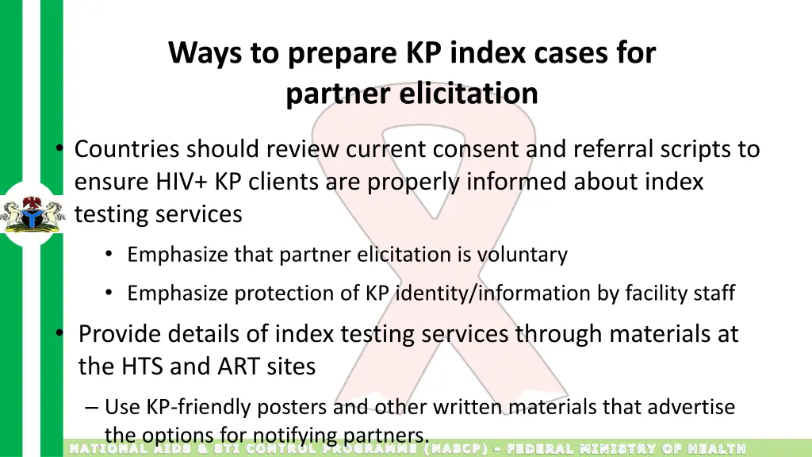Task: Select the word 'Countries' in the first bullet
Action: [128, 149]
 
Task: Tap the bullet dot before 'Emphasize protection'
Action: [109, 294]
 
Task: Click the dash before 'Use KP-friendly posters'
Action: [92, 408]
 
